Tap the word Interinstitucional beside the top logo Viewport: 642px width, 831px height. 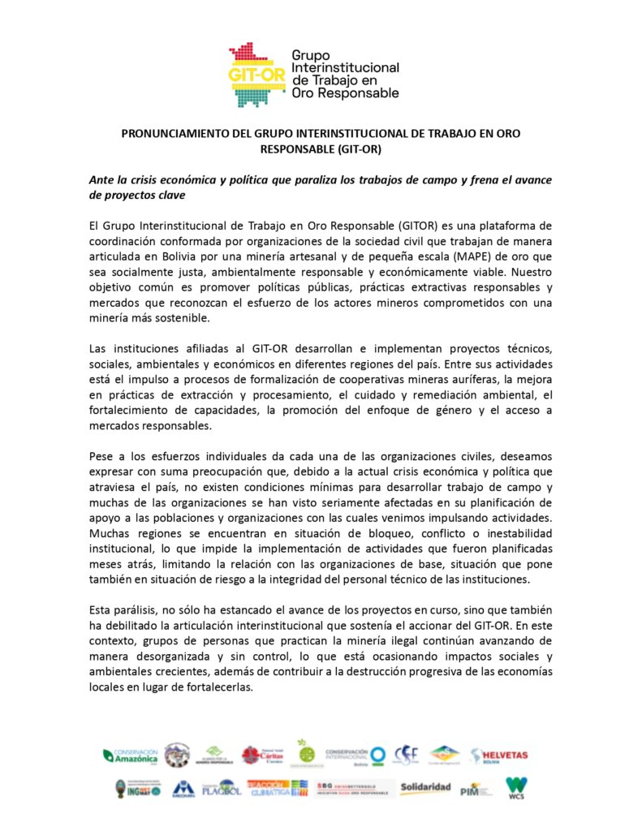pos(345,67)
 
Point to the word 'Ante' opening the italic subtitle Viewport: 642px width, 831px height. pos(102,179)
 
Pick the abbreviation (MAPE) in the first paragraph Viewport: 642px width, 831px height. pos(457,255)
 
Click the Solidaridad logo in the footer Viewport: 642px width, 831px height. pos(424,787)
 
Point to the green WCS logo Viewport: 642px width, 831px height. pos(515,786)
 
